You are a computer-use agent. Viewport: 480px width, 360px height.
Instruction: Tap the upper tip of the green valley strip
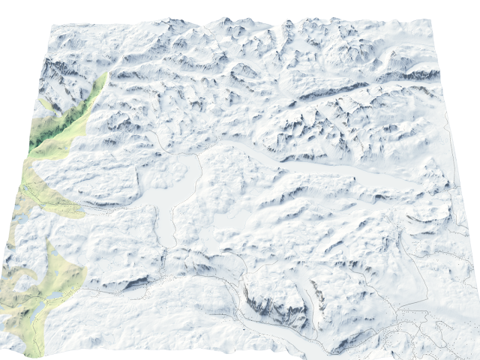pos(105,75)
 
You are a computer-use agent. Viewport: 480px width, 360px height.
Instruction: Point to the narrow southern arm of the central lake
pos(166,225)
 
